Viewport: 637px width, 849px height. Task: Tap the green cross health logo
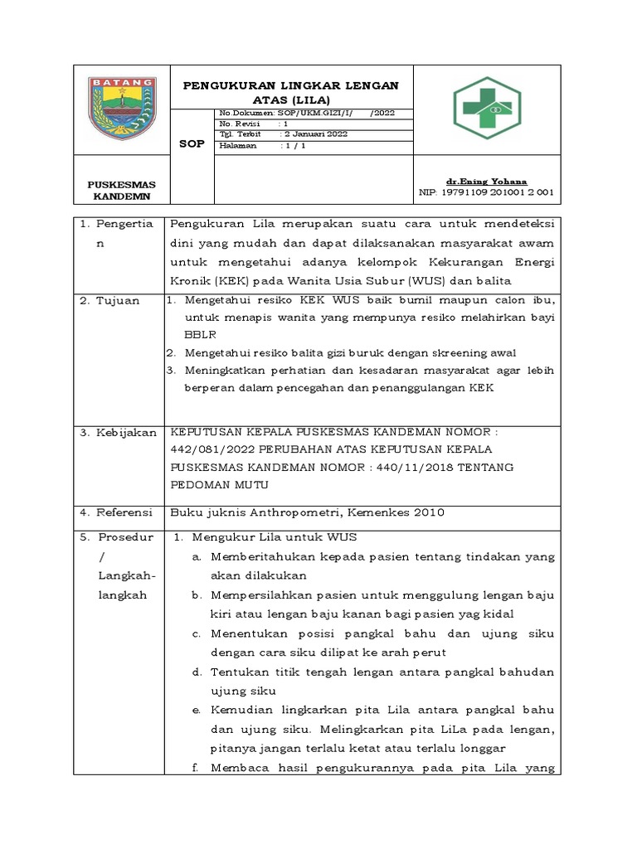[487, 109]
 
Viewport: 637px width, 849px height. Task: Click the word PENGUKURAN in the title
[228, 85]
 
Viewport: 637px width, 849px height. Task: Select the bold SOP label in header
[192, 143]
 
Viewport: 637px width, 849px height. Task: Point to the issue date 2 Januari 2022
[316, 134]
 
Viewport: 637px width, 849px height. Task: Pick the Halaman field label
[239, 145]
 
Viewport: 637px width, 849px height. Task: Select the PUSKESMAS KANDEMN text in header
[122, 191]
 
